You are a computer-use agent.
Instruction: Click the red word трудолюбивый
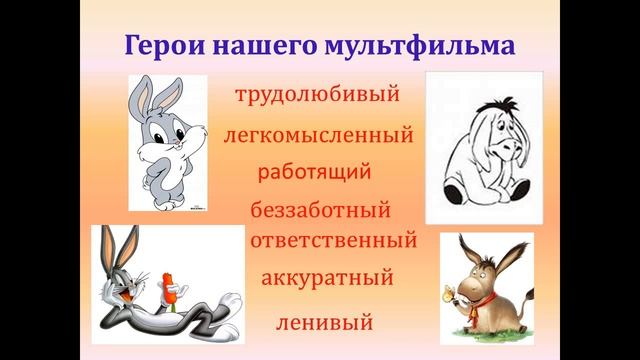[x=317, y=95]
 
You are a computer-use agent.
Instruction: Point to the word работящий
[x=314, y=171]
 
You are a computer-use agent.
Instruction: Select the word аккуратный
[x=326, y=277]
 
